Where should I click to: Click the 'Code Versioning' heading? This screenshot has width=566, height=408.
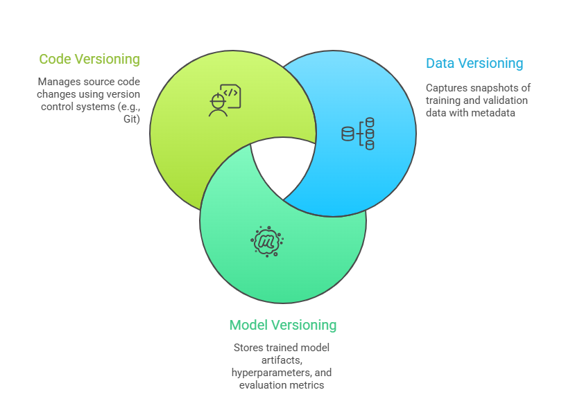pyautogui.click(x=89, y=59)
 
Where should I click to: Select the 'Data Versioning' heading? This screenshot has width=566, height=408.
pyautogui.click(x=474, y=63)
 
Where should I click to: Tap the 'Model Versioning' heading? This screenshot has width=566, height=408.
pyautogui.click(x=283, y=325)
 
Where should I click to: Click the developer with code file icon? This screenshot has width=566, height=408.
pyautogui.click(x=225, y=100)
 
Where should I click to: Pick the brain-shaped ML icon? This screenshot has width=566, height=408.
pyautogui.click(x=267, y=240)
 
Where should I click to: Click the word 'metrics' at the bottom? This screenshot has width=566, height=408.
pyautogui.click(x=307, y=385)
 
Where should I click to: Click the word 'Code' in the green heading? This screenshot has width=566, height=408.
pyautogui.click(x=55, y=59)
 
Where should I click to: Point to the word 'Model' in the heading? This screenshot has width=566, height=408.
pyautogui.click(x=249, y=325)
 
